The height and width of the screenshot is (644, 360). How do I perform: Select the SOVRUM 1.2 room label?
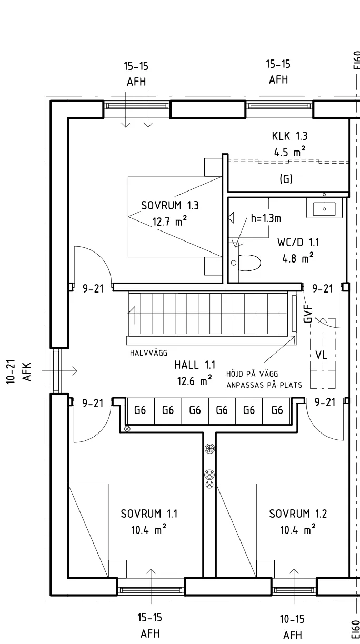click(x=297, y=514)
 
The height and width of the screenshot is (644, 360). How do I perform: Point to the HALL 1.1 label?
click(x=195, y=365)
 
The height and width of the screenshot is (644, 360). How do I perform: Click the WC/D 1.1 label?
click(x=298, y=243)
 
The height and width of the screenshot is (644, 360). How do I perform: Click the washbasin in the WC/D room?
click(x=324, y=209)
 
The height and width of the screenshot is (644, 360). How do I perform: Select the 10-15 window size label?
click(x=293, y=619)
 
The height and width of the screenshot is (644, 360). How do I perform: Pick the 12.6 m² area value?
click(x=195, y=381)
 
